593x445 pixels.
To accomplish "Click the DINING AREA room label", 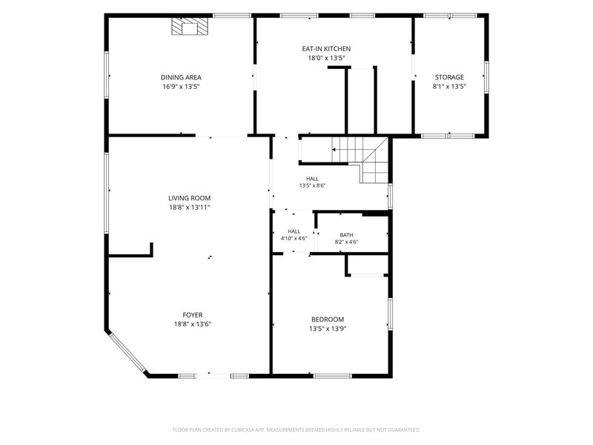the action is click(x=181, y=77).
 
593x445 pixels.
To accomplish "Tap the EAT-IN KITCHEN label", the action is click(x=326, y=48).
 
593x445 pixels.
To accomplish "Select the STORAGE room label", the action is click(x=449, y=77).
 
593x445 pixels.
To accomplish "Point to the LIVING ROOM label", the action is click(x=189, y=198).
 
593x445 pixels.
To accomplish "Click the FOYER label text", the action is click(x=193, y=314).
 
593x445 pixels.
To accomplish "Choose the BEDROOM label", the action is click(x=328, y=320).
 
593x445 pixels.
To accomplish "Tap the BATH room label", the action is click(x=346, y=235).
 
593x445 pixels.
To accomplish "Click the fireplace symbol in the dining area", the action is click(x=190, y=27).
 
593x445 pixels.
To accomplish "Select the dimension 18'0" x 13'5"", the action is click(x=326, y=58).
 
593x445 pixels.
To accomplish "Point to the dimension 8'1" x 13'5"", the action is click(x=449, y=86).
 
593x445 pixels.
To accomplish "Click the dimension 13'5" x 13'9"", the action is click(x=328, y=329).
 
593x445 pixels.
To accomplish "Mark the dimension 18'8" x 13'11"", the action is click(x=189, y=208).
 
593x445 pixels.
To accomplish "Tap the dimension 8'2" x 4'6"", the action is click(x=346, y=242).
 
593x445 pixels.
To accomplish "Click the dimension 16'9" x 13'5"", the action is click(x=181, y=86).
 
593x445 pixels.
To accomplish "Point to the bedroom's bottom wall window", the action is click(x=332, y=376).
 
